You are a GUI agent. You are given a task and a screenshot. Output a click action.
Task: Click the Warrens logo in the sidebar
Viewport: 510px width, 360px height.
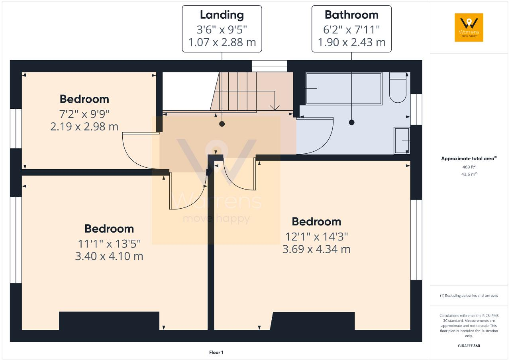(469, 27)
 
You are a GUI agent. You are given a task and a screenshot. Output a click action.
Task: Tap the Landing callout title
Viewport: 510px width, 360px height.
(222, 15)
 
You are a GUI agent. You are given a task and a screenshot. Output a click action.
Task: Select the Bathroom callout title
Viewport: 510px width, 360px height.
(351, 15)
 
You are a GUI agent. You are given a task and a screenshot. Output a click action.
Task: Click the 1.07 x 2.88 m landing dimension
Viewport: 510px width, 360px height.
(222, 42)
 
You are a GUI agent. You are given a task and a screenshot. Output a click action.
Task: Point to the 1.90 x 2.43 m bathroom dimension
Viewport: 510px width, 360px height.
(351, 42)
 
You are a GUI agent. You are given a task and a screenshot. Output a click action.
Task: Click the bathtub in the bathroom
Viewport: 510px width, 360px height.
(343, 88)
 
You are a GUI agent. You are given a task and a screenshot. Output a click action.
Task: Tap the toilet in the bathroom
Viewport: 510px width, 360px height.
(397, 90)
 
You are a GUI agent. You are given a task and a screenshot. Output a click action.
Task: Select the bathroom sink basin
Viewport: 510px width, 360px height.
(402, 141)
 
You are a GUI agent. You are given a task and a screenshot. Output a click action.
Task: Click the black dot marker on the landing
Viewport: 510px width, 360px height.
(222, 124)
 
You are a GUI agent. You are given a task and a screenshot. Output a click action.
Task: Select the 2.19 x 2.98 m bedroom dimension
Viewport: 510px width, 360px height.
(84, 127)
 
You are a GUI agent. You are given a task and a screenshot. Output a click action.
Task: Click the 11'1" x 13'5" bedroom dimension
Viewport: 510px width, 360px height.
(109, 243)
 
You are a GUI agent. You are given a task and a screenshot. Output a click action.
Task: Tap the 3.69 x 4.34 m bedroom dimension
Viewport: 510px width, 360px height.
(316, 249)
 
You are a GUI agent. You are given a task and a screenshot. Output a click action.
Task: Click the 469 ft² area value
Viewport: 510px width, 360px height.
(469, 167)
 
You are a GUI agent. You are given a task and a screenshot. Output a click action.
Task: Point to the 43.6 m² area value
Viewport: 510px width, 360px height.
(469, 174)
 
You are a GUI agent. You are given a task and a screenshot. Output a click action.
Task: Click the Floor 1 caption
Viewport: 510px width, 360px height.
(216, 352)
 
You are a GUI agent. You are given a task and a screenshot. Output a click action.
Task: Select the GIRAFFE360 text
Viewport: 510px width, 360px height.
(469, 346)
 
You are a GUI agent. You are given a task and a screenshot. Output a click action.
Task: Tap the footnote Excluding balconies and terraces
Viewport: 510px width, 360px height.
(469, 295)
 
